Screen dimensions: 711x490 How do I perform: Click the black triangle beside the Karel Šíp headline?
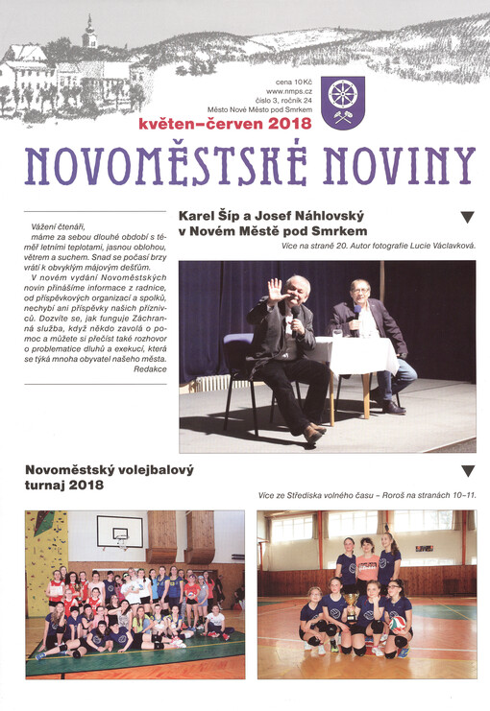pyautogui.click(x=468, y=218)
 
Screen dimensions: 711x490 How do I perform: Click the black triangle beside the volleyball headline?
pyautogui.click(x=468, y=471)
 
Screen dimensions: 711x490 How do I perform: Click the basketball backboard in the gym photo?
pyautogui.click(x=119, y=531)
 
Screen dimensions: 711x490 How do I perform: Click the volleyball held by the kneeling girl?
pyautogui.click(x=396, y=623)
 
